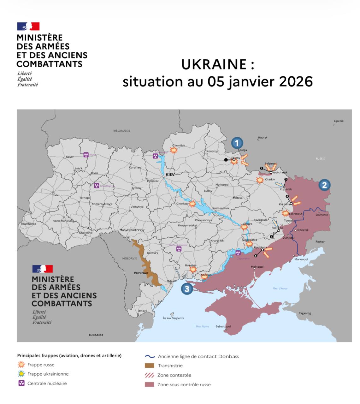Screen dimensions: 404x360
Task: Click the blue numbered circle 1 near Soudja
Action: pyautogui.click(x=237, y=143)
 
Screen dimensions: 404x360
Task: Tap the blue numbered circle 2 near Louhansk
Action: pyautogui.click(x=324, y=185)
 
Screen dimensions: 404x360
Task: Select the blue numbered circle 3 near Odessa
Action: pyautogui.click(x=187, y=288)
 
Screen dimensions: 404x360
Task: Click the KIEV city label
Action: pyautogui.click(x=170, y=174)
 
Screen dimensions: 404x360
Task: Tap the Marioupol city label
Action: pyautogui.click(x=301, y=259)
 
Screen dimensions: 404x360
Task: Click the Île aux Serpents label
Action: pyautogui.click(x=173, y=318)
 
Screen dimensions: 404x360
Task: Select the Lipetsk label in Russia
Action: pyautogui.click(x=339, y=121)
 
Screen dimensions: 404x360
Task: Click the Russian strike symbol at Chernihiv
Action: pyautogui.click(x=174, y=150)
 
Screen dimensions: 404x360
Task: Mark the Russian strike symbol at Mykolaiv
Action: pyautogui.click(x=192, y=270)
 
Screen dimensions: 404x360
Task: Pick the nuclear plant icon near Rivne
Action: pyautogui.click(x=86, y=155)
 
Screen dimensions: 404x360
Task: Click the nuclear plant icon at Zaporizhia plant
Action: pyautogui.click(x=238, y=253)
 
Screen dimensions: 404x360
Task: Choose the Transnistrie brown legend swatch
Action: pyautogui.click(x=150, y=365)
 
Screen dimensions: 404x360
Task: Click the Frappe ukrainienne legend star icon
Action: pyautogui.click(x=21, y=374)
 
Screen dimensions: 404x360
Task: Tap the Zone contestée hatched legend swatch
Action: pyautogui.click(x=150, y=375)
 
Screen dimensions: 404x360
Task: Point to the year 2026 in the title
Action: pyautogui.click(x=296, y=81)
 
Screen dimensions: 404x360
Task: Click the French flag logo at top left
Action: pyautogui.click(x=28, y=26)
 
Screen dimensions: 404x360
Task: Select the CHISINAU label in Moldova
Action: pyautogui.click(x=141, y=273)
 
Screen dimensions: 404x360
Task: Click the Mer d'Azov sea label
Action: pyautogui.click(x=280, y=288)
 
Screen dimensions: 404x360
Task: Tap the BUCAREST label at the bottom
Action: pyautogui.click(x=96, y=335)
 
